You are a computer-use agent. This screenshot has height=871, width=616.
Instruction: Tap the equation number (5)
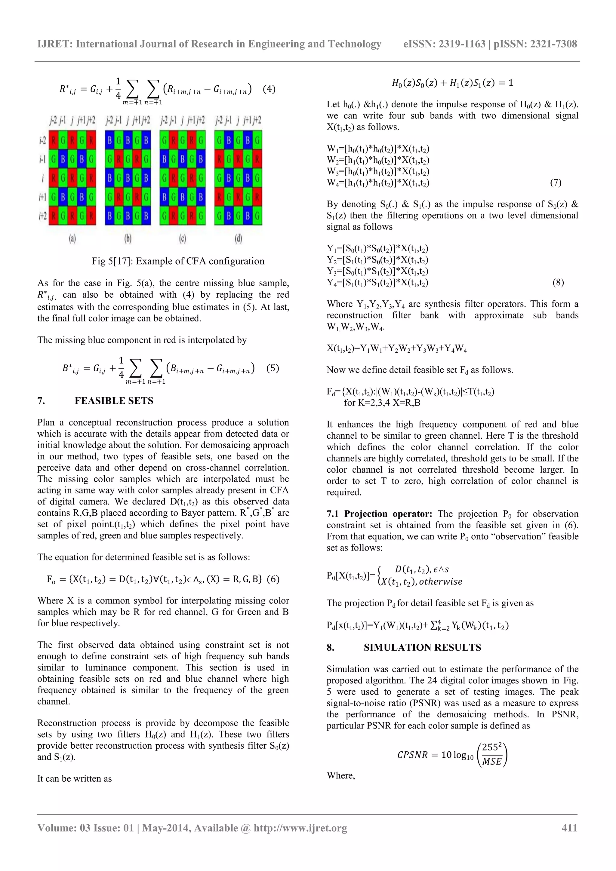[273, 368]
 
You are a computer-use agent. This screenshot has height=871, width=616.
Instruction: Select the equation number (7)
[556, 183]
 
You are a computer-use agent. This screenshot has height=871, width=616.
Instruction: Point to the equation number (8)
[558, 283]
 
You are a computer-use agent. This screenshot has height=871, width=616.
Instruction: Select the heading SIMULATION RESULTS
[422, 648]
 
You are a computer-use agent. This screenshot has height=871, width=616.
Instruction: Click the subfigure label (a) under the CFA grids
[72, 239]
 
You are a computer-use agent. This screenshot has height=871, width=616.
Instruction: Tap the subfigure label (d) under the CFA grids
[238, 239]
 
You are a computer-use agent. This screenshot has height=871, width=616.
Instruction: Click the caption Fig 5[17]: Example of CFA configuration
[178, 261]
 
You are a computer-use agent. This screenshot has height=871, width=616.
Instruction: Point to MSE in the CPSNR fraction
[492, 761]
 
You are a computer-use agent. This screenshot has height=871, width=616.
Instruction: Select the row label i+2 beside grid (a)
[42, 216]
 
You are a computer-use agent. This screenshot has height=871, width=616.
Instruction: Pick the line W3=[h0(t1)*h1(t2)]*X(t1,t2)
[378, 171]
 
